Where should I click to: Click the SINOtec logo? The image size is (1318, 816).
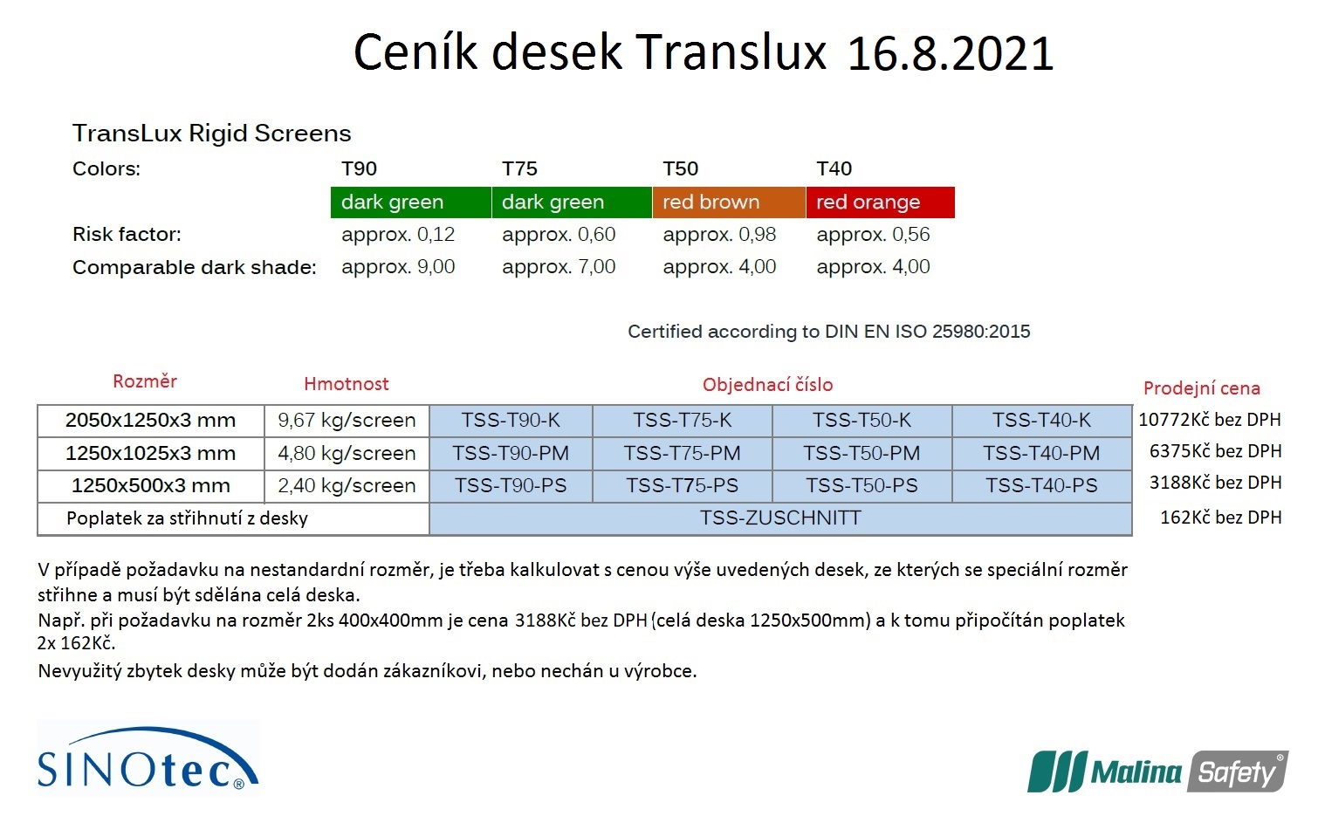tap(148, 758)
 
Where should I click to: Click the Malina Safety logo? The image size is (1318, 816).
tap(1158, 771)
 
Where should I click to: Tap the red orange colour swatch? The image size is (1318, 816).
tap(880, 202)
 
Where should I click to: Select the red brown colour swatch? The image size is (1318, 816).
tap(729, 202)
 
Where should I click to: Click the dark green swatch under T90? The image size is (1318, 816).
tap(411, 202)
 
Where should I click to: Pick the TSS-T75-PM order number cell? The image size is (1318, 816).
tap(682, 454)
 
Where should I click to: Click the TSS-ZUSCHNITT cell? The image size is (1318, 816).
tap(780, 518)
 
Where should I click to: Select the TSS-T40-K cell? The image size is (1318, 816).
tap(1041, 421)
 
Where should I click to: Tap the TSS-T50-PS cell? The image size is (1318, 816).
tap(862, 486)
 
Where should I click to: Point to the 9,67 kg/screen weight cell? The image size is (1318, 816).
tap(347, 421)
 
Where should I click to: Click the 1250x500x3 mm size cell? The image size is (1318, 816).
tap(151, 486)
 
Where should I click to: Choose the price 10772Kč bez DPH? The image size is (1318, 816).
tap(1209, 420)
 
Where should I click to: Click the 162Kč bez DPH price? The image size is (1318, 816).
tap(1220, 518)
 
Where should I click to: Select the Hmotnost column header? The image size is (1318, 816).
tap(346, 384)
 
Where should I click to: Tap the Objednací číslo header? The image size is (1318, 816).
tap(768, 385)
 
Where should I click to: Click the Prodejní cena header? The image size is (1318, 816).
tap(1202, 388)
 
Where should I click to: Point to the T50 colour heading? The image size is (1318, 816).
tap(680, 168)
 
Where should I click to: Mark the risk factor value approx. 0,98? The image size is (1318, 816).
tap(719, 235)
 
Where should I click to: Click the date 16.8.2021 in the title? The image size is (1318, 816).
tap(950, 53)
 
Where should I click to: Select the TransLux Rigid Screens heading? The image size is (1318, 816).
tap(212, 134)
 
